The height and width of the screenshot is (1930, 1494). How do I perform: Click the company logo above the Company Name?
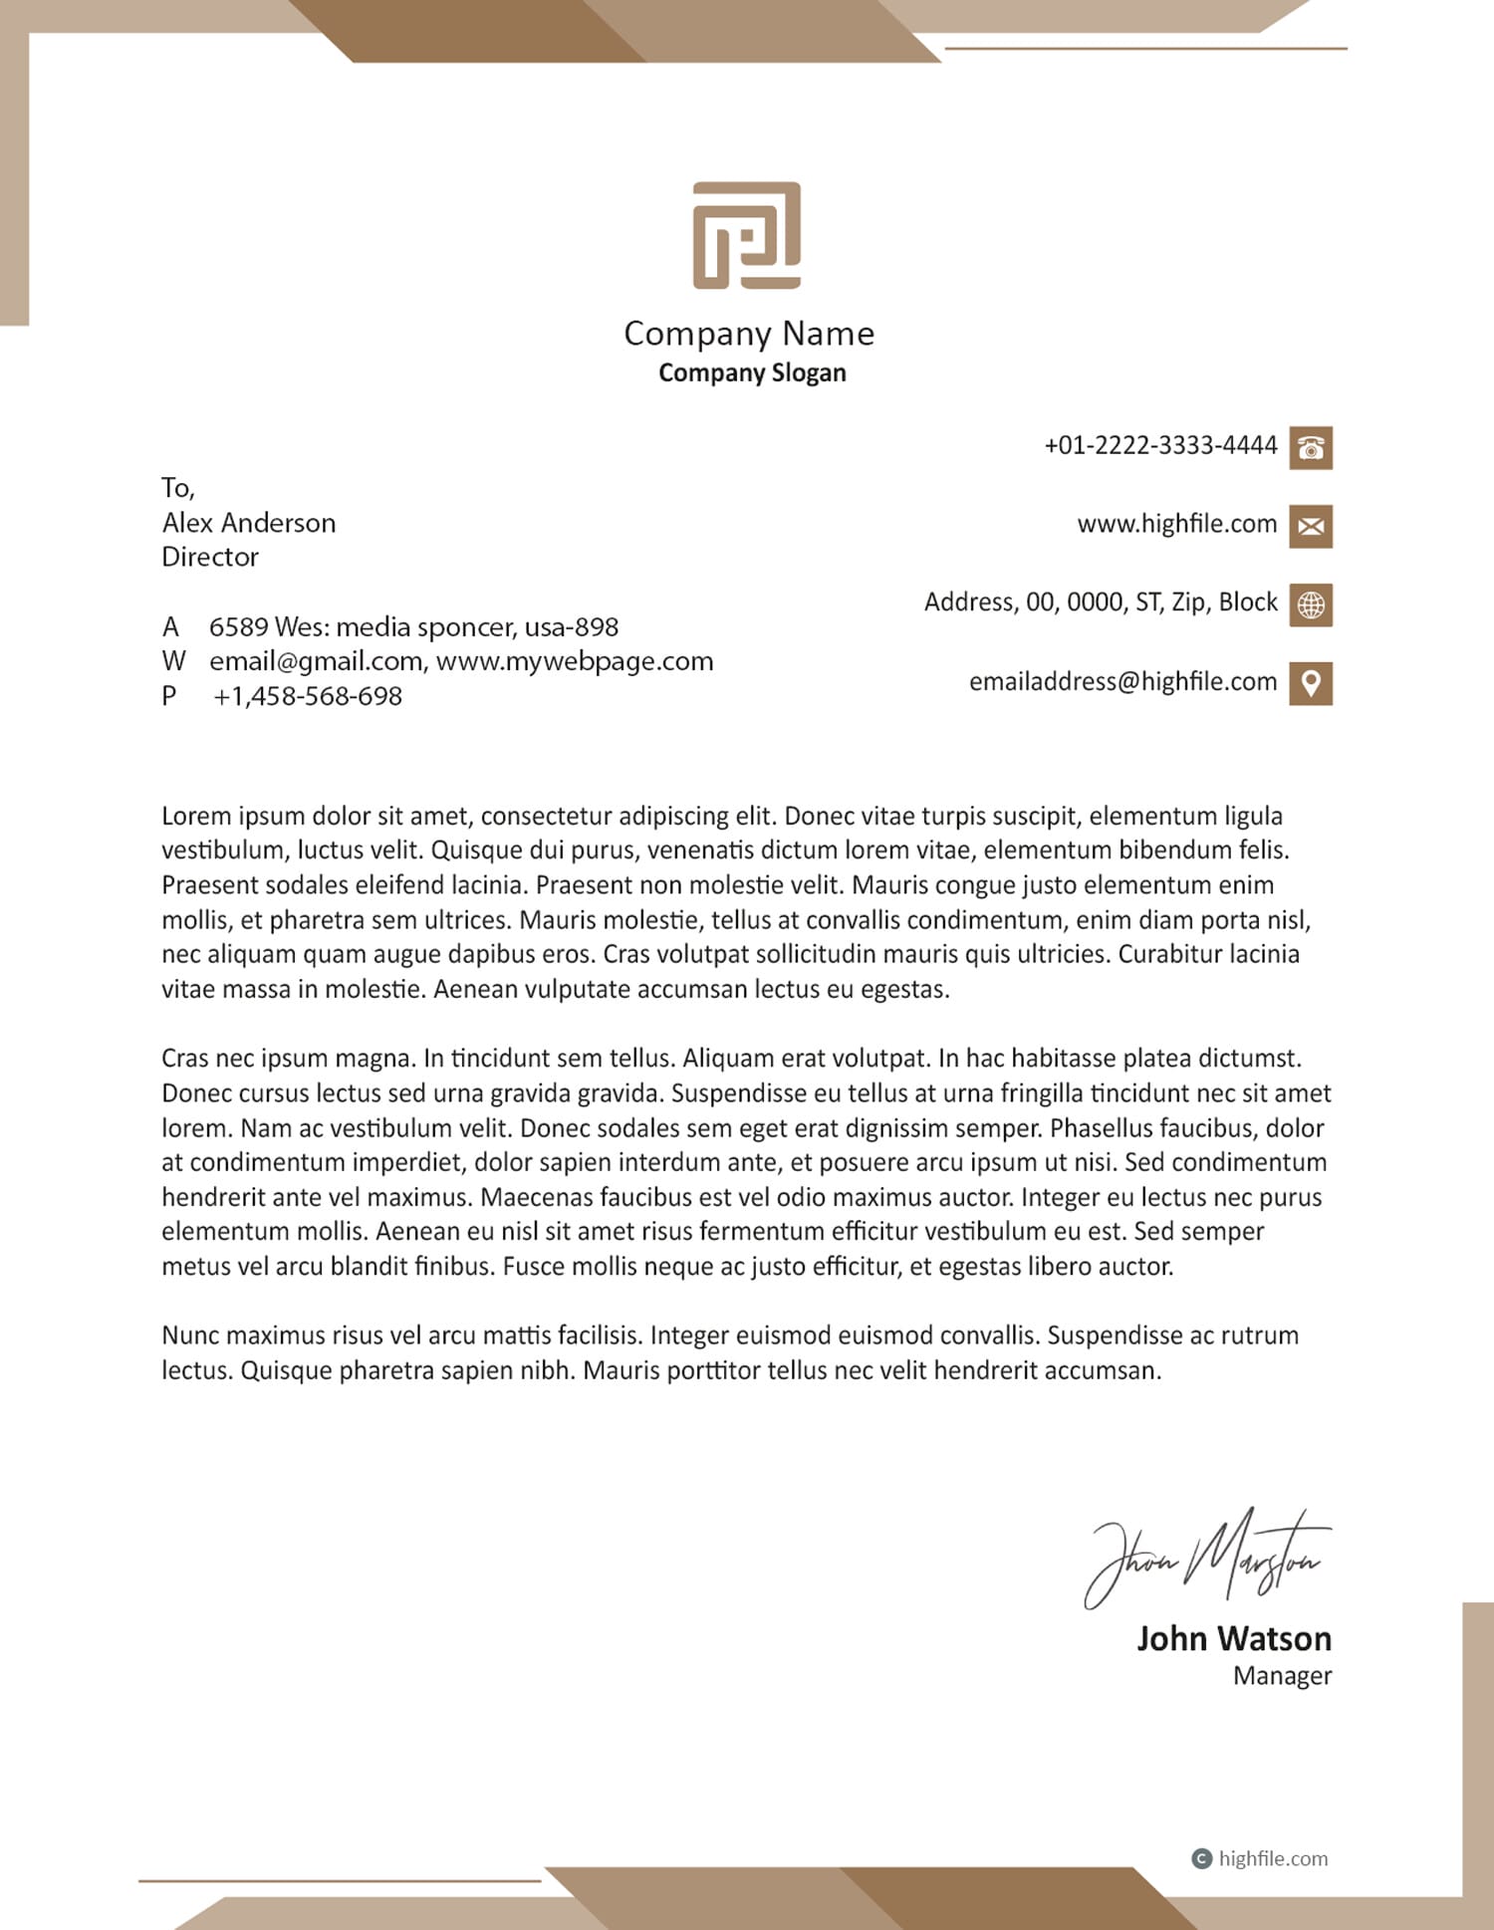(x=747, y=235)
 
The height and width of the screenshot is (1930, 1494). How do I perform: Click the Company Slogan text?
(x=752, y=372)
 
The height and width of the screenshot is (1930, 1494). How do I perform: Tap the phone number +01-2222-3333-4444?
(x=1160, y=445)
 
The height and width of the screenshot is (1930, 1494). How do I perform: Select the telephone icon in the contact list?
(x=1311, y=447)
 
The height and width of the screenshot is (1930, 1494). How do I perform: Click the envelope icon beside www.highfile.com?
(x=1311, y=526)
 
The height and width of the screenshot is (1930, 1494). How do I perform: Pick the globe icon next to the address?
(x=1311, y=604)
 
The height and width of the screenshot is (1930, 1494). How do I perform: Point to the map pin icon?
(x=1311, y=683)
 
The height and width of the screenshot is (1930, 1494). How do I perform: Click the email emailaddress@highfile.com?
(x=1122, y=681)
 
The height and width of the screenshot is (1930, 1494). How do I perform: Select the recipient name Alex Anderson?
(x=249, y=523)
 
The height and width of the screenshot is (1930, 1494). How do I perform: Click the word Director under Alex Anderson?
(x=210, y=557)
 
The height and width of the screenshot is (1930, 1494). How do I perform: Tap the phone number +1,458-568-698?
(x=308, y=696)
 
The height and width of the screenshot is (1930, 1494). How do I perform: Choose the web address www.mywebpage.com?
(x=575, y=661)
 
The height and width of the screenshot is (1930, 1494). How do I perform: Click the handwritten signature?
(x=1207, y=1558)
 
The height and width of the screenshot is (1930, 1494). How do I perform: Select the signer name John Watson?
(x=1234, y=1639)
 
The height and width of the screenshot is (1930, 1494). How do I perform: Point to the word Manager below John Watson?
(x=1282, y=1676)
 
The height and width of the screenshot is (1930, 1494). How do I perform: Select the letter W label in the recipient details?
(x=173, y=661)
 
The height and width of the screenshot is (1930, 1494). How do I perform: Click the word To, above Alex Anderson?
(x=178, y=488)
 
